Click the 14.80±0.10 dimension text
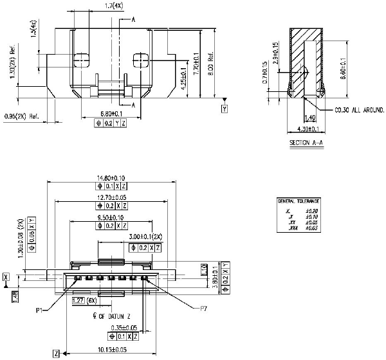111,179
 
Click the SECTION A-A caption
306,142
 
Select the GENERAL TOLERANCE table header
298,201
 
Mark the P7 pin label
203,309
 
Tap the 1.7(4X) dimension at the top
115,6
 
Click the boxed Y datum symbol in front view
225,109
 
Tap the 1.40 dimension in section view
309,118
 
